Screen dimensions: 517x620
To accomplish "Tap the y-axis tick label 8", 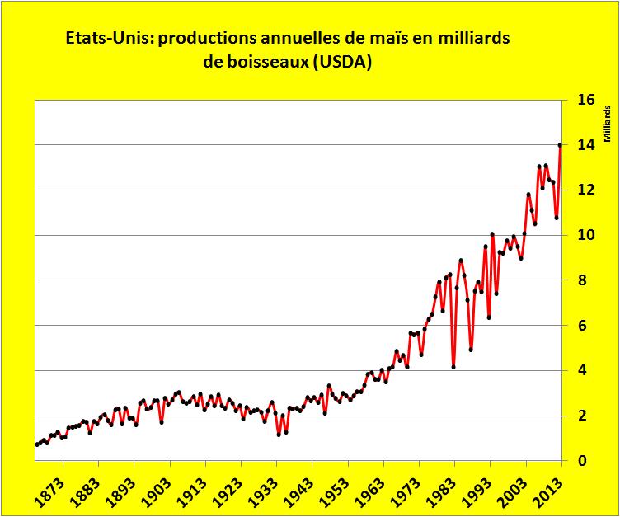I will coord(587,280).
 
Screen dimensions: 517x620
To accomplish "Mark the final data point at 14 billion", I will coord(561,145).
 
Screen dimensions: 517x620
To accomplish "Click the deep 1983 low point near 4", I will coord(453,367).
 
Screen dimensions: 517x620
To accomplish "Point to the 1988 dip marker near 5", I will coord(471,350).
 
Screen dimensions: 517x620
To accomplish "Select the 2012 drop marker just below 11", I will coord(557,218).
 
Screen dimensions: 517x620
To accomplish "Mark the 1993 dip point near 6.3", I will coord(489,317).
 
